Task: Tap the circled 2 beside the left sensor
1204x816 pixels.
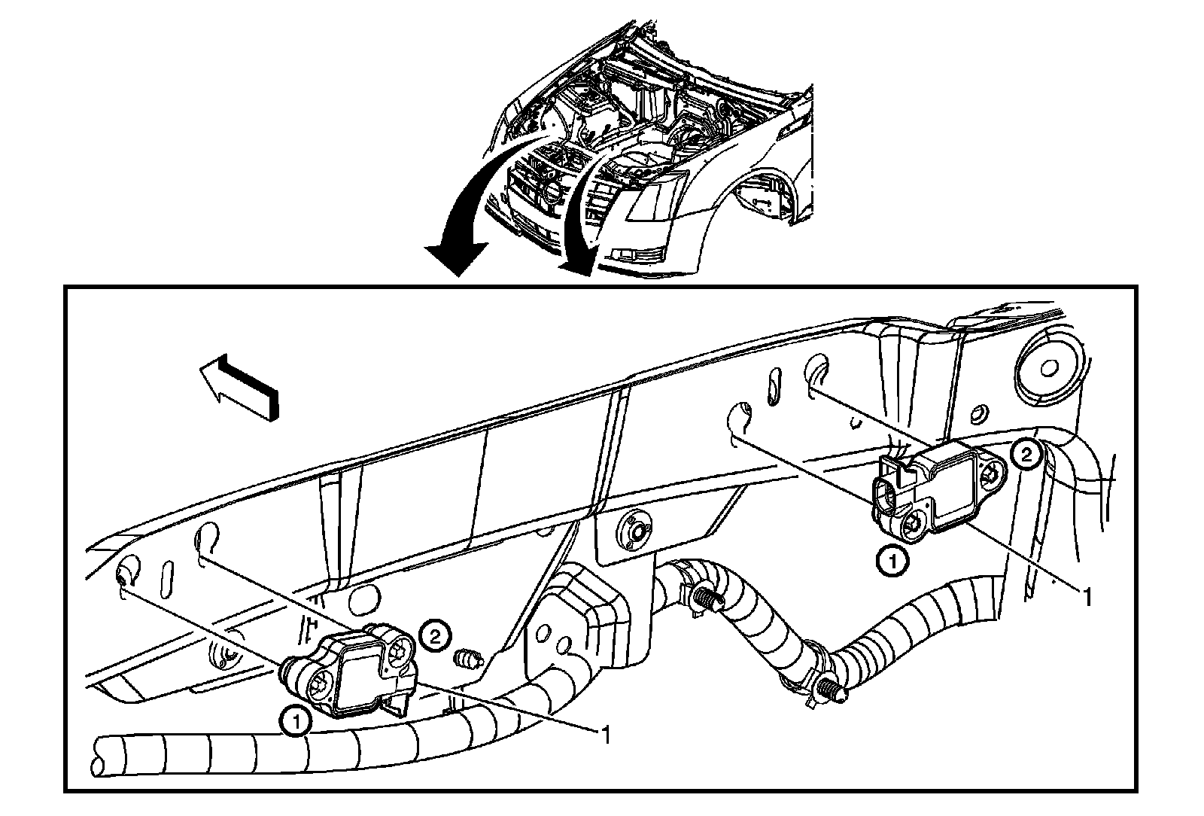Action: (435, 635)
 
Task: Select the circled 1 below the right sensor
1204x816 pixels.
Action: (892, 561)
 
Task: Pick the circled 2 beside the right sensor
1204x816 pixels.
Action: (1026, 454)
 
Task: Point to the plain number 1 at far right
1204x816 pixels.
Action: (1086, 597)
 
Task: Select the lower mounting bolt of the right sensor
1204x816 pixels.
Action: (914, 524)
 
